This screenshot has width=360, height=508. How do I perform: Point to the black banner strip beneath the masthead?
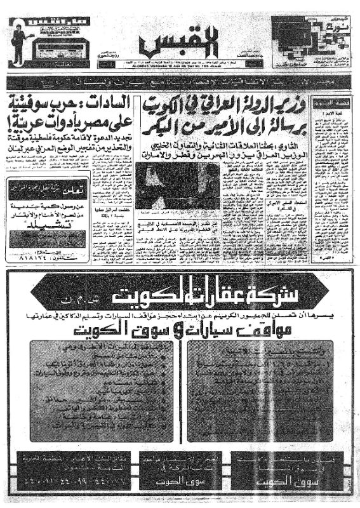click(180, 83)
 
